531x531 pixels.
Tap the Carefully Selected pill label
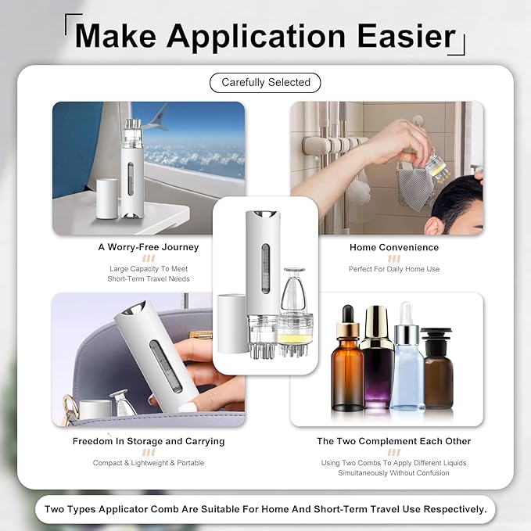265,82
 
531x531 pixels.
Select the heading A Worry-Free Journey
149,247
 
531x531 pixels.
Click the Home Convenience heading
394,248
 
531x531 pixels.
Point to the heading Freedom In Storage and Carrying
149,441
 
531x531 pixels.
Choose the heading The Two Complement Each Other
394,441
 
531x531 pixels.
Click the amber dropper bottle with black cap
346,358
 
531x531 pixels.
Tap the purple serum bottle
377,357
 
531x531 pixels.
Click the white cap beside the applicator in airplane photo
107,199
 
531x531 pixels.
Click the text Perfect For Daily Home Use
394,269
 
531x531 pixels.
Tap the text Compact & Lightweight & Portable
149,463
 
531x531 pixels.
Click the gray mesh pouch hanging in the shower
415,187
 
